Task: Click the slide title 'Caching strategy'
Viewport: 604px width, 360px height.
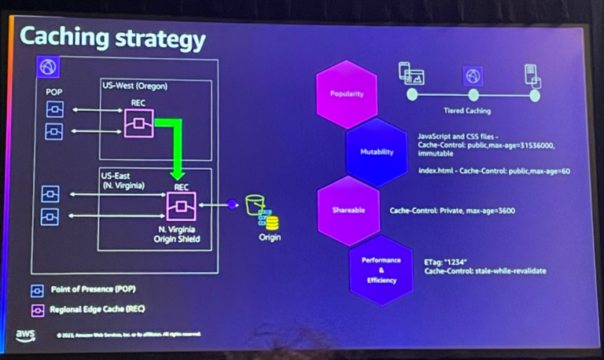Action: pyautogui.click(x=112, y=39)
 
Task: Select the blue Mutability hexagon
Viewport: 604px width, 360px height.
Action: pyautogui.click(x=376, y=152)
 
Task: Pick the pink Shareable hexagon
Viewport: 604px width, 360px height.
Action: pyautogui.click(x=347, y=211)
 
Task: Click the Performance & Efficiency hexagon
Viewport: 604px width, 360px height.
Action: pyautogui.click(x=381, y=269)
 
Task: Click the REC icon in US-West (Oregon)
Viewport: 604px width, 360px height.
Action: pyautogui.click(x=138, y=123)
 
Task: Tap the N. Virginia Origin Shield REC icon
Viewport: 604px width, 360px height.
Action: pyautogui.click(x=181, y=206)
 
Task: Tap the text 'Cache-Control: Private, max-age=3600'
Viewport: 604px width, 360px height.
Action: pyautogui.click(x=452, y=211)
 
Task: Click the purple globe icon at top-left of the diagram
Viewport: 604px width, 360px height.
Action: pyautogui.click(x=49, y=68)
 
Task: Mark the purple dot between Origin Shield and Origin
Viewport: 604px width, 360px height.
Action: pyautogui.click(x=232, y=204)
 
